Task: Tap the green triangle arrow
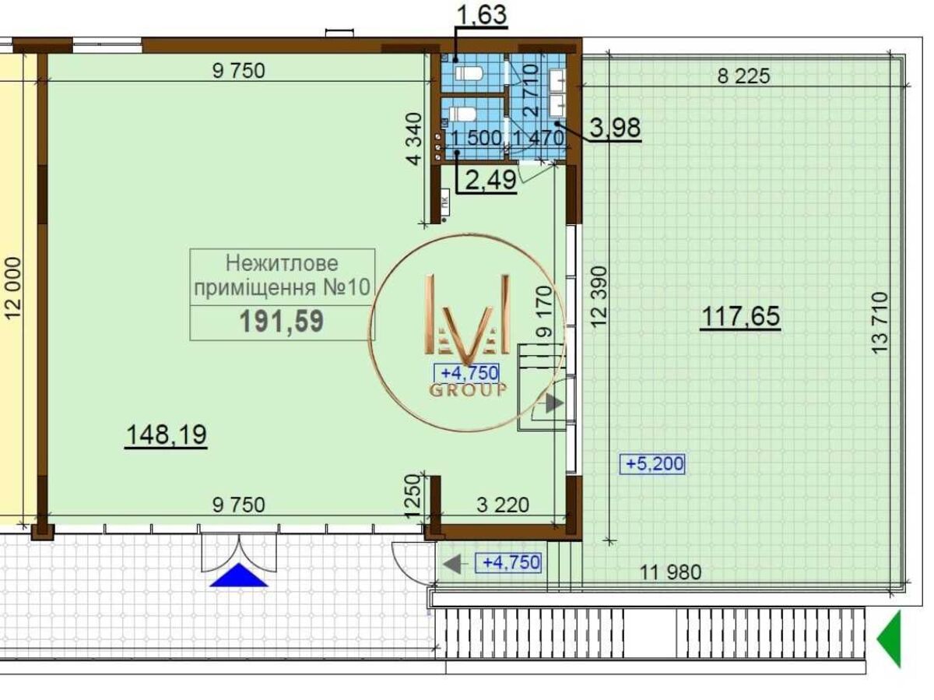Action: coord(890,639)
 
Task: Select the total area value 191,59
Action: coord(282,322)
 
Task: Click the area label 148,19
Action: coord(167,435)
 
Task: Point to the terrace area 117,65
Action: coord(740,316)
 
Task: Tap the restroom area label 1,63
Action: coord(482,14)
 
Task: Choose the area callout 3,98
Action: coord(615,127)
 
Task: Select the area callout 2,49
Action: coord(490,180)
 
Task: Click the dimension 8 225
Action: coord(744,76)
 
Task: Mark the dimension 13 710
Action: coord(880,322)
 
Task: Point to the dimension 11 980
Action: coord(671,572)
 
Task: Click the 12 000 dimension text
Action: coord(12,287)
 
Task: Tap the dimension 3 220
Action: coord(503,505)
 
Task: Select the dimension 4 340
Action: coord(413,139)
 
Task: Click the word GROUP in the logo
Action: coord(468,390)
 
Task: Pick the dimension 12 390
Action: coord(599,296)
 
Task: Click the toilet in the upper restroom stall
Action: coord(469,73)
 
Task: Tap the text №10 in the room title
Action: coord(347,287)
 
